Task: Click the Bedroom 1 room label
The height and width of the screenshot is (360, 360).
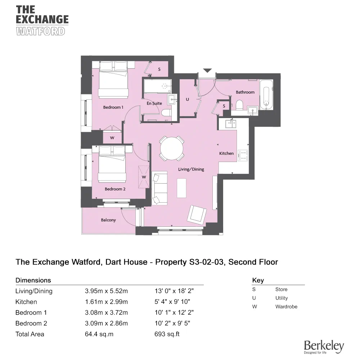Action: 113,107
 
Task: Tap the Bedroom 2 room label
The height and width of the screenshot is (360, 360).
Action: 115,189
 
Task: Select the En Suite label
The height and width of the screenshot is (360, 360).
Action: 154,103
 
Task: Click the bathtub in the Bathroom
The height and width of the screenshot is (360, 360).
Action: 266,94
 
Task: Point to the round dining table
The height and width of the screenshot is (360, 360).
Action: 171,148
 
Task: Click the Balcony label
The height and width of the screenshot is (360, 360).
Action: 108,220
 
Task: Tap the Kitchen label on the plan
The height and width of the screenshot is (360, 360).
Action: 226,153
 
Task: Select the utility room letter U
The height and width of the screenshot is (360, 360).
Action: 187,100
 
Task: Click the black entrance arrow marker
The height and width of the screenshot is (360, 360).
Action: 207,70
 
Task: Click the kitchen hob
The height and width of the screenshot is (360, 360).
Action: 243,154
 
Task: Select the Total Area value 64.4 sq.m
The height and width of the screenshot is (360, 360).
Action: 99,334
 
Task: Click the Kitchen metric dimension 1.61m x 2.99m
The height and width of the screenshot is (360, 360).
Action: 106,302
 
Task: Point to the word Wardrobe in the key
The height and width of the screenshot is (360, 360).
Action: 286,307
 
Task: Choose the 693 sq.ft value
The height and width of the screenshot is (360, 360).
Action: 167,334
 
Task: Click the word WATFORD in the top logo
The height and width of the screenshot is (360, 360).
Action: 41,31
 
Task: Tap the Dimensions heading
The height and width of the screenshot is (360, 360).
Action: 33,280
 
